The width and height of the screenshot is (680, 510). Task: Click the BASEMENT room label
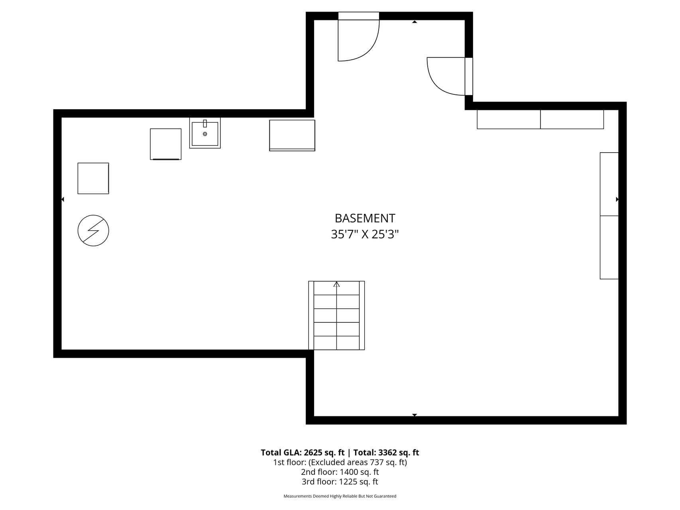pyautogui.click(x=365, y=218)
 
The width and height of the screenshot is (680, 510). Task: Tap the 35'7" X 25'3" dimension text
pyautogui.click(x=365, y=234)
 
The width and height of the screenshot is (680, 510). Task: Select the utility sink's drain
pyautogui.click(x=205, y=134)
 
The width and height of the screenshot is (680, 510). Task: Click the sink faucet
pyautogui.click(x=205, y=124)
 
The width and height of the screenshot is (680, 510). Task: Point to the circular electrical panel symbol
pyautogui.click(x=93, y=231)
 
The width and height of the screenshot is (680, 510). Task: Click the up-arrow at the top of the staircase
pyautogui.click(x=337, y=284)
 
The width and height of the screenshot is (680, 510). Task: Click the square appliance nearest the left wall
pyautogui.click(x=93, y=178)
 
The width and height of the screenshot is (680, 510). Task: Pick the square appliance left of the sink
pyautogui.click(x=166, y=144)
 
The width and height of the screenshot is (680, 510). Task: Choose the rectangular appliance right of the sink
pyautogui.click(x=292, y=135)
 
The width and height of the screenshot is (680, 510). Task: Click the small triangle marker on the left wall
pyautogui.click(x=63, y=199)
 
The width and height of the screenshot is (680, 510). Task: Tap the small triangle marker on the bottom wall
pyautogui.click(x=415, y=415)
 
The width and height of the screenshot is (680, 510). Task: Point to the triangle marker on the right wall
pyautogui.click(x=617, y=199)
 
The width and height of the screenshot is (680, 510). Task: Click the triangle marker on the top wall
pyautogui.click(x=415, y=22)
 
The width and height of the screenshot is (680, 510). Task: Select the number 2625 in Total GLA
pyautogui.click(x=313, y=453)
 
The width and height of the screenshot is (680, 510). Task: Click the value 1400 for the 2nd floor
pyautogui.click(x=348, y=472)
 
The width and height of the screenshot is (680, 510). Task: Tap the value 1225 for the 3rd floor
pyautogui.click(x=348, y=482)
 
